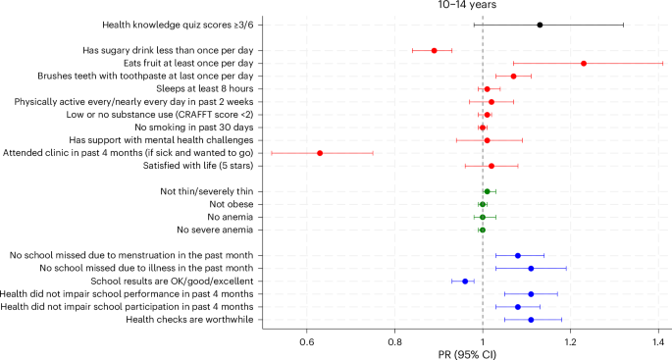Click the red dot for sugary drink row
pyautogui.click(x=435, y=50)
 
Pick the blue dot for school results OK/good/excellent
pyautogui.click(x=465, y=282)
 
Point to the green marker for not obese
pyautogui.click(x=483, y=204)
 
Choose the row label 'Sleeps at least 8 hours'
pyautogui.click(x=196, y=88)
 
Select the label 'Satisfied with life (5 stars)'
pyautogui.click(x=183, y=166)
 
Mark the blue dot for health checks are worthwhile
pyautogui.click(x=531, y=320)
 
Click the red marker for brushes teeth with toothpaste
pyautogui.click(x=513, y=76)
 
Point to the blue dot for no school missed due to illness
pyautogui.click(x=531, y=269)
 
